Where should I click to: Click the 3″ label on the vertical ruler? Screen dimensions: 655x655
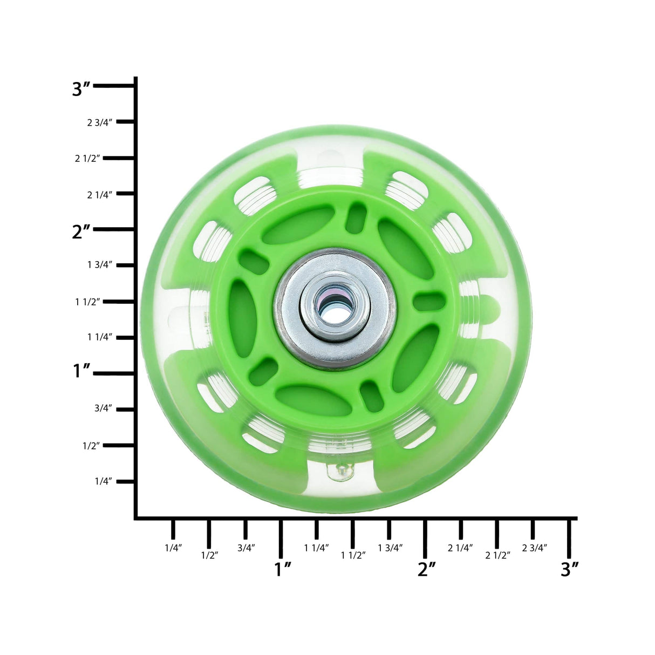(x=81, y=88)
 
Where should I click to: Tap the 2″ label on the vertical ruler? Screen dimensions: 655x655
(x=81, y=232)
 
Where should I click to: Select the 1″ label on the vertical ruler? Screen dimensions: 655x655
(x=81, y=371)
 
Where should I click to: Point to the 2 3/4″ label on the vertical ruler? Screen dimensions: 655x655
(x=99, y=122)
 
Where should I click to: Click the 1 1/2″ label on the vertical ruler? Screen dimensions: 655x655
(x=88, y=302)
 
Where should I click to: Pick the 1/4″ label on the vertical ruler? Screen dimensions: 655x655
(x=103, y=481)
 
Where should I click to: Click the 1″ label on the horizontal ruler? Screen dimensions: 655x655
(x=283, y=569)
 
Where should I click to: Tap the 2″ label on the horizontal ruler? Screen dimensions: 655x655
(x=426, y=569)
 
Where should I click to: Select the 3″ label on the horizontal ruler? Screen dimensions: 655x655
(x=570, y=569)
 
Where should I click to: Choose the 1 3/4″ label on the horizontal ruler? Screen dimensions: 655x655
(x=390, y=548)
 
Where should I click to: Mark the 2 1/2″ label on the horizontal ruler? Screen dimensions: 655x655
(x=497, y=555)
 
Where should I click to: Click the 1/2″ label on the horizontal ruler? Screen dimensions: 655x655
(x=209, y=555)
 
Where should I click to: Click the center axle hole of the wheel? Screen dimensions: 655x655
(x=335, y=309)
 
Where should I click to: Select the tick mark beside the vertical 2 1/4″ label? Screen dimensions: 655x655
(x=125, y=194)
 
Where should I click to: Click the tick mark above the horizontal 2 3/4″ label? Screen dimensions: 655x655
(x=533, y=528)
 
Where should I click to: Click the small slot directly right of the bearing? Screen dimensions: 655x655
(x=429, y=301)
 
